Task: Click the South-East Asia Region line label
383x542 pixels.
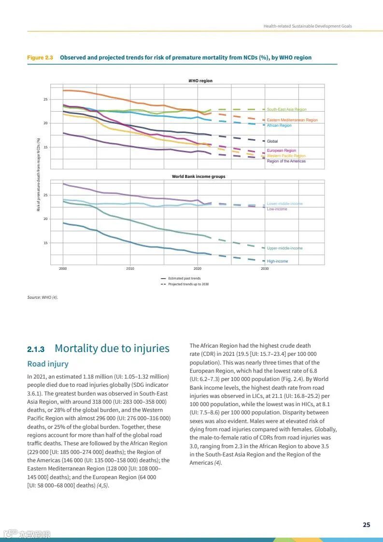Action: (286, 110)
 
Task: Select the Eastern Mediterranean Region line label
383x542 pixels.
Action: (292, 120)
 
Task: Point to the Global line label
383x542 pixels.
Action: (272, 141)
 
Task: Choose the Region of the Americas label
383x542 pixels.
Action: (286, 161)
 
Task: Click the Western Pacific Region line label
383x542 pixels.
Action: (286, 156)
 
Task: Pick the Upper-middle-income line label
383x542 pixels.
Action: (284, 248)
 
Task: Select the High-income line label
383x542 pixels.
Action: (277, 261)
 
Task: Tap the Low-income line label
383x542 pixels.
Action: (277, 209)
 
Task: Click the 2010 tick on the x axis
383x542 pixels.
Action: (130, 268)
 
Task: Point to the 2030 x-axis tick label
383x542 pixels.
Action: (264, 268)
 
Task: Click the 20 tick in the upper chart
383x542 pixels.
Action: (46, 123)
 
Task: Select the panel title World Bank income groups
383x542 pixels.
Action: (199, 176)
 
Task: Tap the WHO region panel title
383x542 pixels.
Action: (200, 81)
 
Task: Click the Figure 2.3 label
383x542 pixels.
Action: (40, 58)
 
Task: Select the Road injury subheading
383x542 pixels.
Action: (48, 364)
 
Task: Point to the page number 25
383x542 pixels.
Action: (367, 525)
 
